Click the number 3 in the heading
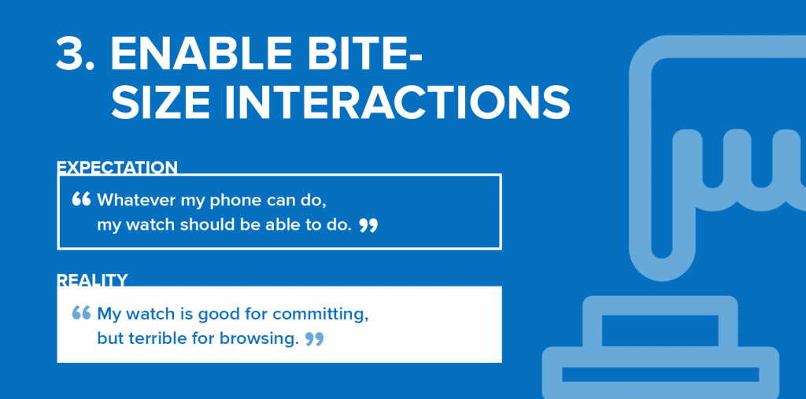tap(75, 54)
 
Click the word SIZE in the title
tap(161, 101)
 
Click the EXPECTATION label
tap(116, 168)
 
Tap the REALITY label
tap(92, 280)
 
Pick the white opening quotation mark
tap(81, 199)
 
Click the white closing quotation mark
tap(368, 225)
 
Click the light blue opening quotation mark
tap(81, 312)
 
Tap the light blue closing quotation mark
tap(314, 339)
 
